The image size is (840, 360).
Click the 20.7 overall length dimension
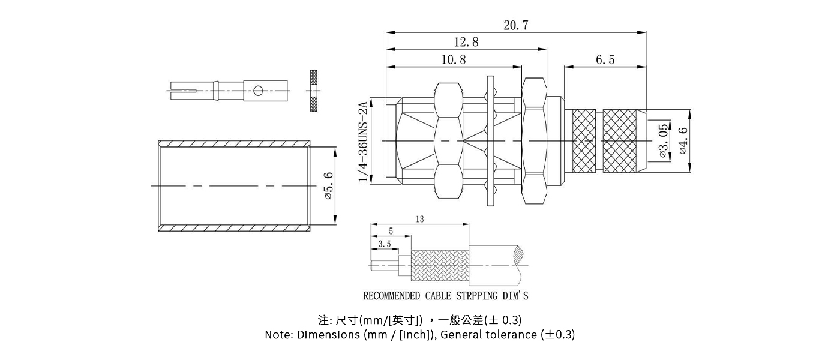click(516, 25)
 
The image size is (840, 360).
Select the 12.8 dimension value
click(466, 43)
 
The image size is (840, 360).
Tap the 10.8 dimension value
click(454, 59)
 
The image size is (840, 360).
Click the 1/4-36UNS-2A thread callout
click(363, 142)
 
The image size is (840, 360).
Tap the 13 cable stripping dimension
click(419, 220)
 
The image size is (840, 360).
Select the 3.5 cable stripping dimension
click(385, 244)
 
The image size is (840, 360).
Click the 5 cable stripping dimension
click(391, 231)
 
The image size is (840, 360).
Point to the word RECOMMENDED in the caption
click(392, 296)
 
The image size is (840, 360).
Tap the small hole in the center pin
click(258, 91)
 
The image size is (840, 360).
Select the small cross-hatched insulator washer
click(313, 91)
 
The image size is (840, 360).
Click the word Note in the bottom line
click(278, 335)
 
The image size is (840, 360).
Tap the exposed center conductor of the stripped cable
click(384, 265)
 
